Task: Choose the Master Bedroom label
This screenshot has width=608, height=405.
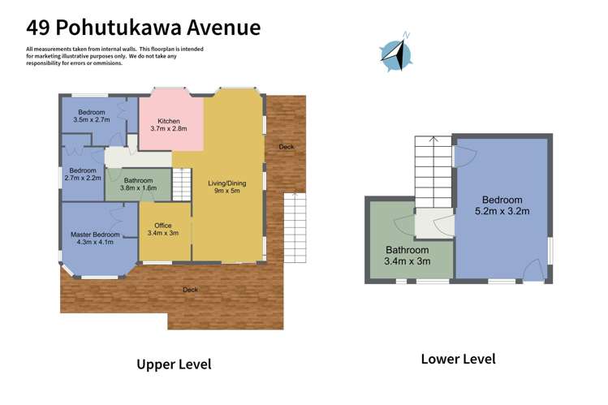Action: (94, 239)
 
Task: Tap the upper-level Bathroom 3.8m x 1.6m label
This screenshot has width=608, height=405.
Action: (139, 184)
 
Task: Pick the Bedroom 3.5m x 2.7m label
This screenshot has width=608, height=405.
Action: (92, 115)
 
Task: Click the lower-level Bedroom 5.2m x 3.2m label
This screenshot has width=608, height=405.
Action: (502, 206)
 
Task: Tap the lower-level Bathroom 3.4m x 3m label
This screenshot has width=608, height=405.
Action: (407, 256)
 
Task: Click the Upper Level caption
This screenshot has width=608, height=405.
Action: (173, 364)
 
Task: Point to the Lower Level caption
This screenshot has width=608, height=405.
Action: (458, 359)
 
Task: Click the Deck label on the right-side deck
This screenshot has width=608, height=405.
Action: (286, 147)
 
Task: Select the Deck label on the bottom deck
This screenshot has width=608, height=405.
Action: (189, 290)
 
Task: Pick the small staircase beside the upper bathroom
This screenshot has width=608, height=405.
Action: (182, 181)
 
